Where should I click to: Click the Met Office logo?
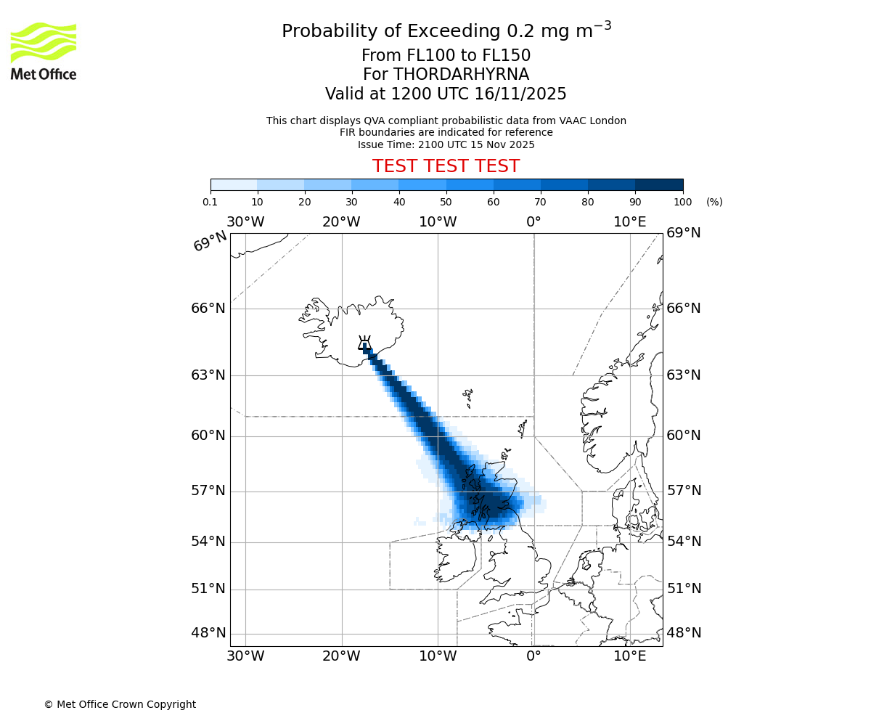click(x=44, y=51)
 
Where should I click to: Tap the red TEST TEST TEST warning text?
click(x=446, y=167)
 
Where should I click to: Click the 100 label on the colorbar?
click(x=683, y=202)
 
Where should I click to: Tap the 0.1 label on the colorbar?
click(x=210, y=202)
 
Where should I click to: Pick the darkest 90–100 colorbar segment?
click(x=659, y=184)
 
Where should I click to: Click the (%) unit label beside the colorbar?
click(x=714, y=202)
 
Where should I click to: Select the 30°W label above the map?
click(x=245, y=222)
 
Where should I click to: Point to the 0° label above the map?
click(x=533, y=222)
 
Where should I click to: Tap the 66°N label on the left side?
click(x=208, y=309)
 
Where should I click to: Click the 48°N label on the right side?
click(x=684, y=633)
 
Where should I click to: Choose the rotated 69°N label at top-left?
click(x=210, y=242)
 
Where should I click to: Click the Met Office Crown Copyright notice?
click(x=120, y=704)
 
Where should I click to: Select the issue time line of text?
click(x=446, y=144)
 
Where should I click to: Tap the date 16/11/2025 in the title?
click(x=520, y=94)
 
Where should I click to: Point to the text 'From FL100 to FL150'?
click(x=446, y=56)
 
